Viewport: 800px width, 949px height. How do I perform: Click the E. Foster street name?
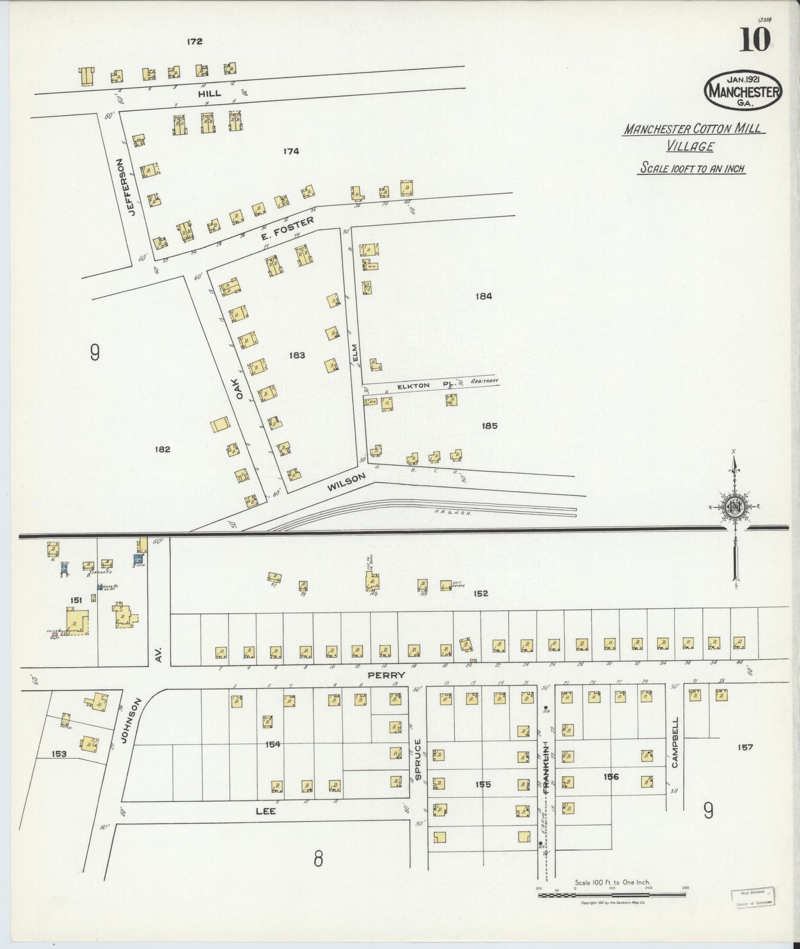pos(288,229)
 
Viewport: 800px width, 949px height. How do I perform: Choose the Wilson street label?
pos(347,482)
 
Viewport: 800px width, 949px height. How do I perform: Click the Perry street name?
pos(386,675)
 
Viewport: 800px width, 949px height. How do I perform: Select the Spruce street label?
pos(418,760)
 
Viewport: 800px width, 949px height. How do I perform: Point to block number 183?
pos(297,355)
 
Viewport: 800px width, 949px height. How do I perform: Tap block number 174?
pos(291,151)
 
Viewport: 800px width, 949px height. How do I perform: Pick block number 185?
pos(489,426)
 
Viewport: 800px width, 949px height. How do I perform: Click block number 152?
pos(481,594)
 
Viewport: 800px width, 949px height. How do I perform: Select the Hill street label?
pos(209,94)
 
